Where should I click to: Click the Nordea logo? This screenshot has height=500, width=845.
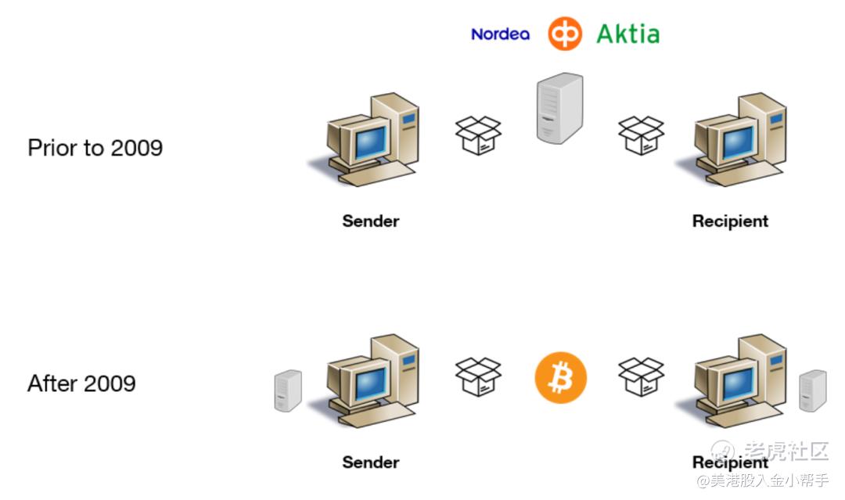(x=500, y=34)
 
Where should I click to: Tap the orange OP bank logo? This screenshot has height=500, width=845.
(x=564, y=34)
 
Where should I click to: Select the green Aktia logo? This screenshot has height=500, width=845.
(x=627, y=34)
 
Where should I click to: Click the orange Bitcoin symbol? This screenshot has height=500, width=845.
(x=560, y=377)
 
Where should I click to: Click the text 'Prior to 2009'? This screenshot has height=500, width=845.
(x=95, y=148)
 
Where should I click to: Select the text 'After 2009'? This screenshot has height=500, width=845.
(x=81, y=383)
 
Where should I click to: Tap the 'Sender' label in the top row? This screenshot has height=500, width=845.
(x=371, y=221)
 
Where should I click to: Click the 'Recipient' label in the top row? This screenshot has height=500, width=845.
(x=730, y=221)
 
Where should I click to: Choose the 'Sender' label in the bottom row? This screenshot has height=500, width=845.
(x=371, y=462)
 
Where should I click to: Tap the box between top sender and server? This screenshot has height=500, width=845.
(x=478, y=135)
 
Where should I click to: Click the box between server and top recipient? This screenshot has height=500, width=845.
(x=641, y=135)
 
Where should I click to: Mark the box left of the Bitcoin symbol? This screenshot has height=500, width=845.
(x=478, y=376)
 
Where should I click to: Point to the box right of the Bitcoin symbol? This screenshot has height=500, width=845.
(x=641, y=376)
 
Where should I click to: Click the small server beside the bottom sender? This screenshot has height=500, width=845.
(x=288, y=390)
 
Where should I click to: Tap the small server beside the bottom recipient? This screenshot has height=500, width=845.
(x=812, y=390)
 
